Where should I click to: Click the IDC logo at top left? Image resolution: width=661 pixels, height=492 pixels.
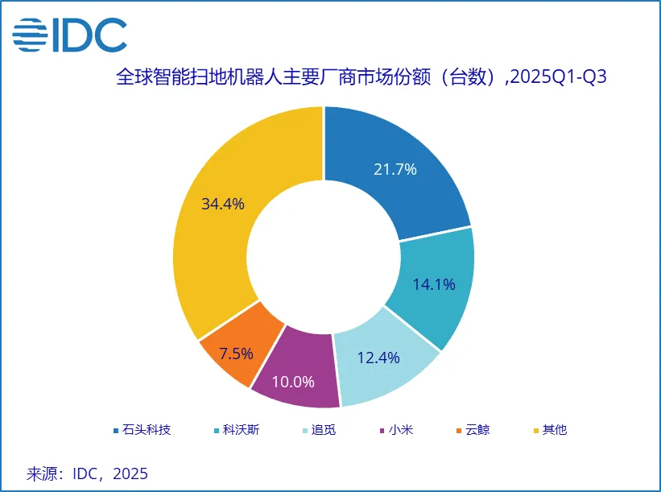pyautogui.click(x=69, y=34)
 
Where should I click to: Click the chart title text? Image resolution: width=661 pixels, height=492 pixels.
pyautogui.click(x=361, y=78)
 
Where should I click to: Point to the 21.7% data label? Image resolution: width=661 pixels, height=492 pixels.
pyautogui.click(x=395, y=169)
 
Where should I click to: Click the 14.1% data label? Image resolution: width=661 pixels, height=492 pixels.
pyautogui.click(x=434, y=284)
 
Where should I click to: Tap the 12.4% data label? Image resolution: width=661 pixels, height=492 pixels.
pyautogui.click(x=378, y=358)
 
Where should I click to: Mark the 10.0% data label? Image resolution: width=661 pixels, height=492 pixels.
pyautogui.click(x=294, y=382)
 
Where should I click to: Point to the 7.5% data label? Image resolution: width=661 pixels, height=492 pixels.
pyautogui.click(x=237, y=353)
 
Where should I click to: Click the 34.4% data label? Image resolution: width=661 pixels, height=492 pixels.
pyautogui.click(x=223, y=204)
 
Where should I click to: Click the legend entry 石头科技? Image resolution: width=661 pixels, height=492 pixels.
pyautogui.click(x=141, y=430)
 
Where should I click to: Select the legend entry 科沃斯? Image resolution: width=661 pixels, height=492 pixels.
pyautogui.click(x=235, y=430)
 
